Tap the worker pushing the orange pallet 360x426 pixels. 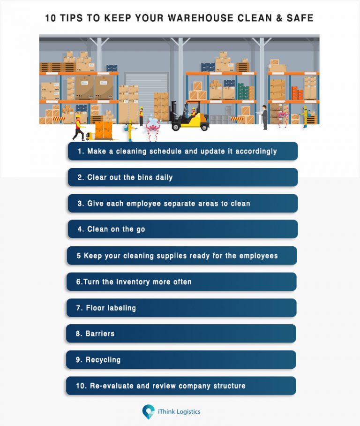pos(78,128)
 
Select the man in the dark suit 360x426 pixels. pos(265,117)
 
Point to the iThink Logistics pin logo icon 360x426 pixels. pos(148,411)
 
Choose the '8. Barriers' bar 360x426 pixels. pos(181,334)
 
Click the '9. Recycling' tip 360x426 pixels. pos(181,360)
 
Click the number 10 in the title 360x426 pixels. pos(51,18)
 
